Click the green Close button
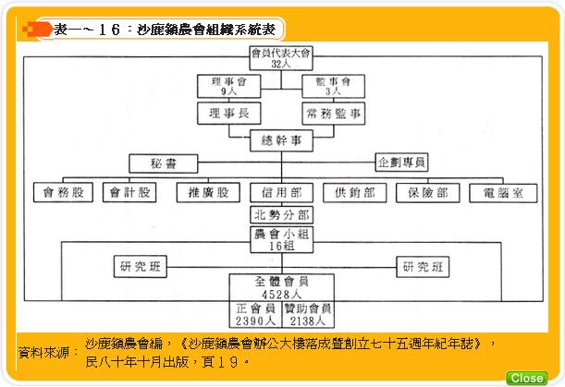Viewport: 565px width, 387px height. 526,378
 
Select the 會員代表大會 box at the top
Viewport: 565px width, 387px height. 281,58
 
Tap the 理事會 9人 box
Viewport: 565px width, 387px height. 228,86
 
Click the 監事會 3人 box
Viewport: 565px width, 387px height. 333,86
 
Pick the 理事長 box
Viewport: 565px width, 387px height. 228,114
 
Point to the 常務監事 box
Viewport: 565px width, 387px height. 333,114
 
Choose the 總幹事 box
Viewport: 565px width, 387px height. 281,140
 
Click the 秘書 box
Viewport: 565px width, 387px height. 164,163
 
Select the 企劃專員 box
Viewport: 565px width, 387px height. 401,163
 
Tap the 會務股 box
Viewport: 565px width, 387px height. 63,193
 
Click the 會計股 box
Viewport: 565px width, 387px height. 129,193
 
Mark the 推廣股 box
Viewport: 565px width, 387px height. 208,193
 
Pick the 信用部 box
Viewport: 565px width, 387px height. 281,193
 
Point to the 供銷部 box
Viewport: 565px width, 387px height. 355,193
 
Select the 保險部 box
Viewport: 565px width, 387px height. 428,193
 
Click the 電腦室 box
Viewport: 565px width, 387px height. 503,193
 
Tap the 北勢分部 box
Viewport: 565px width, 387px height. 281,215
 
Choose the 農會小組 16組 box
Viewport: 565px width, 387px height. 281,240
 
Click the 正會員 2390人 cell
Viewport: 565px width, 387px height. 255,314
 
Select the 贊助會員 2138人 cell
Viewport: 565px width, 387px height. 308,314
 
